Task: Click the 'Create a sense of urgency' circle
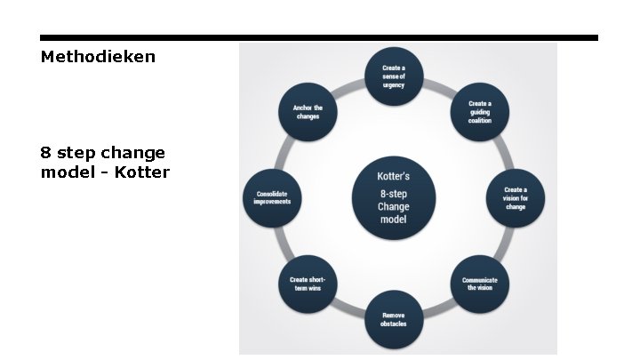(394, 76)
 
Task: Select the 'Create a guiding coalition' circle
(480, 113)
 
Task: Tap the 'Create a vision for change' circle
(516, 197)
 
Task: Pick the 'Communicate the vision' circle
(479, 284)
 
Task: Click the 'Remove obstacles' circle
(394, 319)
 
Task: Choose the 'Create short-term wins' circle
(308, 284)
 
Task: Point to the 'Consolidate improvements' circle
(272, 197)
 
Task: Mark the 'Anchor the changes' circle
(308, 113)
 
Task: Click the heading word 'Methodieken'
(98, 57)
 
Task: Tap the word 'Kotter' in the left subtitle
(143, 172)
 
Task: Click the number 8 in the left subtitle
(46, 153)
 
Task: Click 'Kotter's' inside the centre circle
(394, 176)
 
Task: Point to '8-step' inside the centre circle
(394, 192)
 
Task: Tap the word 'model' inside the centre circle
(394, 219)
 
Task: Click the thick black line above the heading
(319, 38)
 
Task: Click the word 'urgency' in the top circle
(394, 87)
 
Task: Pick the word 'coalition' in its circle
(480, 121)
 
